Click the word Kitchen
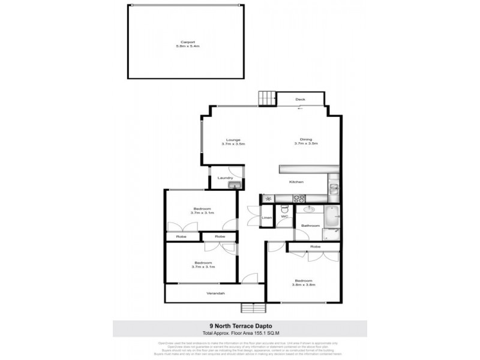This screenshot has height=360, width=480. [x=297, y=182]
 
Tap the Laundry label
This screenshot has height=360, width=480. [x=225, y=178]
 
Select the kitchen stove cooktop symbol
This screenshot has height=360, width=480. [x=298, y=199]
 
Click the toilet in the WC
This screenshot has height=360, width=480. [x=285, y=210]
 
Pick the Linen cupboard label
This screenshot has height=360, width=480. [x=267, y=217]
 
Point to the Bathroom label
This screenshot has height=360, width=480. [x=310, y=226]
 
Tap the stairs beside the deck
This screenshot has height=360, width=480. [x=266, y=97]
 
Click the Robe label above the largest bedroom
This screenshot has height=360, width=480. [x=314, y=247]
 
